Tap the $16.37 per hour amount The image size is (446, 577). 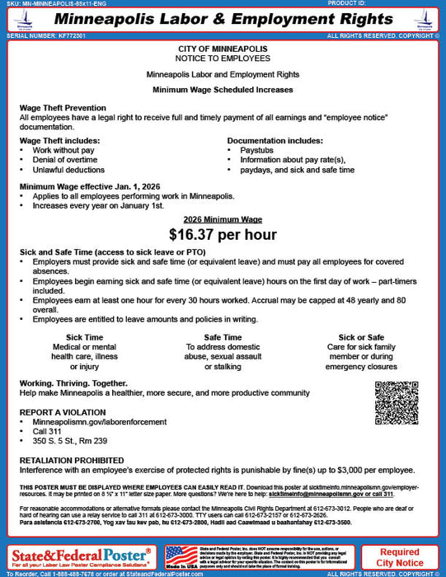pyautogui.click(x=223, y=234)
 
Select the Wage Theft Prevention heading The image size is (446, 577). pyautogui.click(x=63, y=108)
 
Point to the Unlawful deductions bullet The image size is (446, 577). pyautogui.click(x=68, y=170)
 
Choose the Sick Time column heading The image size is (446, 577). pyautogui.click(x=84, y=337)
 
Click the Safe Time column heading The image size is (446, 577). pyautogui.click(x=223, y=337)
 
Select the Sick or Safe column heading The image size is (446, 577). pyautogui.click(x=362, y=337)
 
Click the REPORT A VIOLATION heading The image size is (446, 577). pyautogui.click(x=63, y=411)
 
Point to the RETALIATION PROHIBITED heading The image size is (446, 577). pyautogui.click(x=72, y=460)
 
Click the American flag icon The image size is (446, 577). pyautogui.click(x=181, y=555)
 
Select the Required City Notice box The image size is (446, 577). pyautogui.click(x=399, y=557)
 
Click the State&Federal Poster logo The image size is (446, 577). pyautogui.click(x=81, y=552)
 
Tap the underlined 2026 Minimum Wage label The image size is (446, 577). pyautogui.click(x=223, y=218)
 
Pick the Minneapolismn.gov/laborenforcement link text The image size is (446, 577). pyautogui.click(x=82, y=421)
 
